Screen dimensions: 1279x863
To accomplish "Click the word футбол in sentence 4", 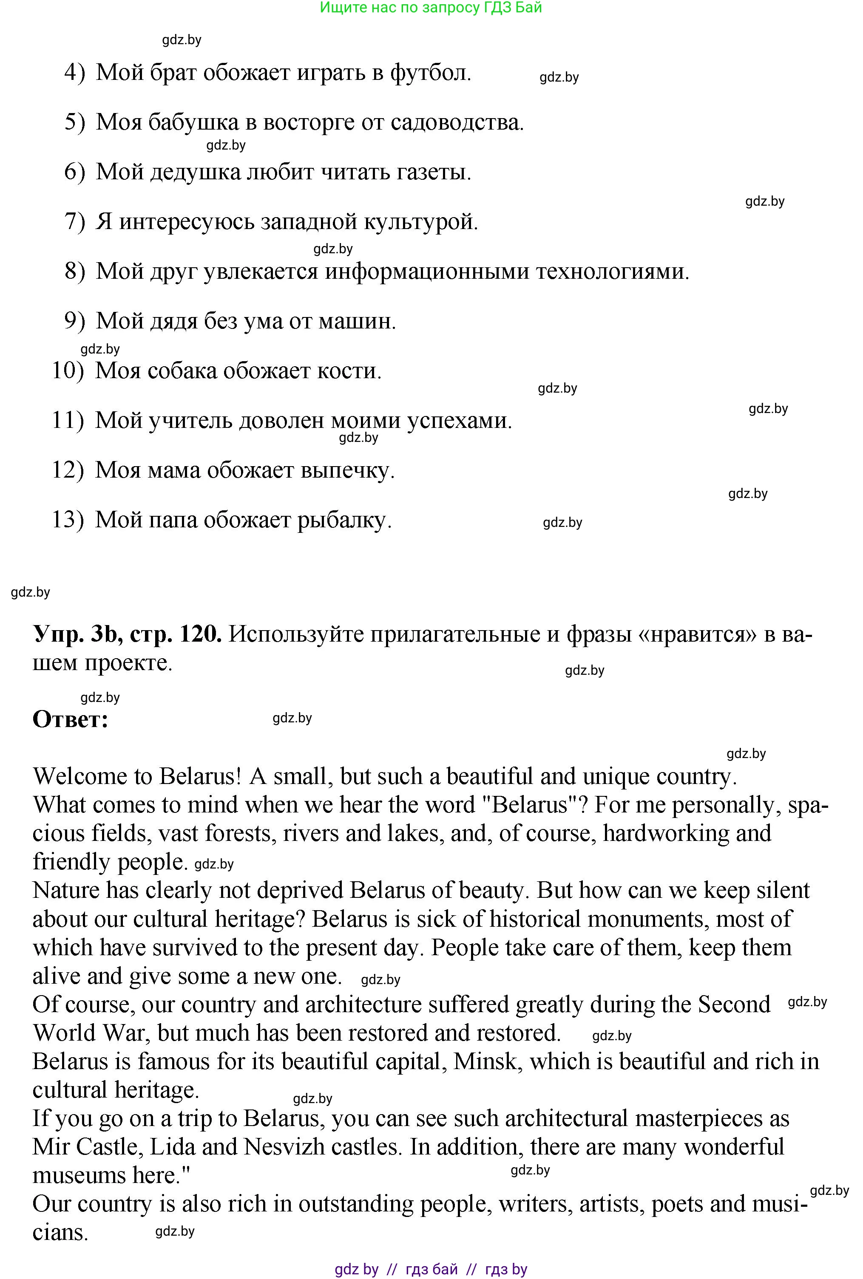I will tap(430, 73).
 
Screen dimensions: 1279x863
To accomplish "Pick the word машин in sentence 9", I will tap(357, 321).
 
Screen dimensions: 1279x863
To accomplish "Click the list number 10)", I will tap(68, 371).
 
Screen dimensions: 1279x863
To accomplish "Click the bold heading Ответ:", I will tap(71, 719).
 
